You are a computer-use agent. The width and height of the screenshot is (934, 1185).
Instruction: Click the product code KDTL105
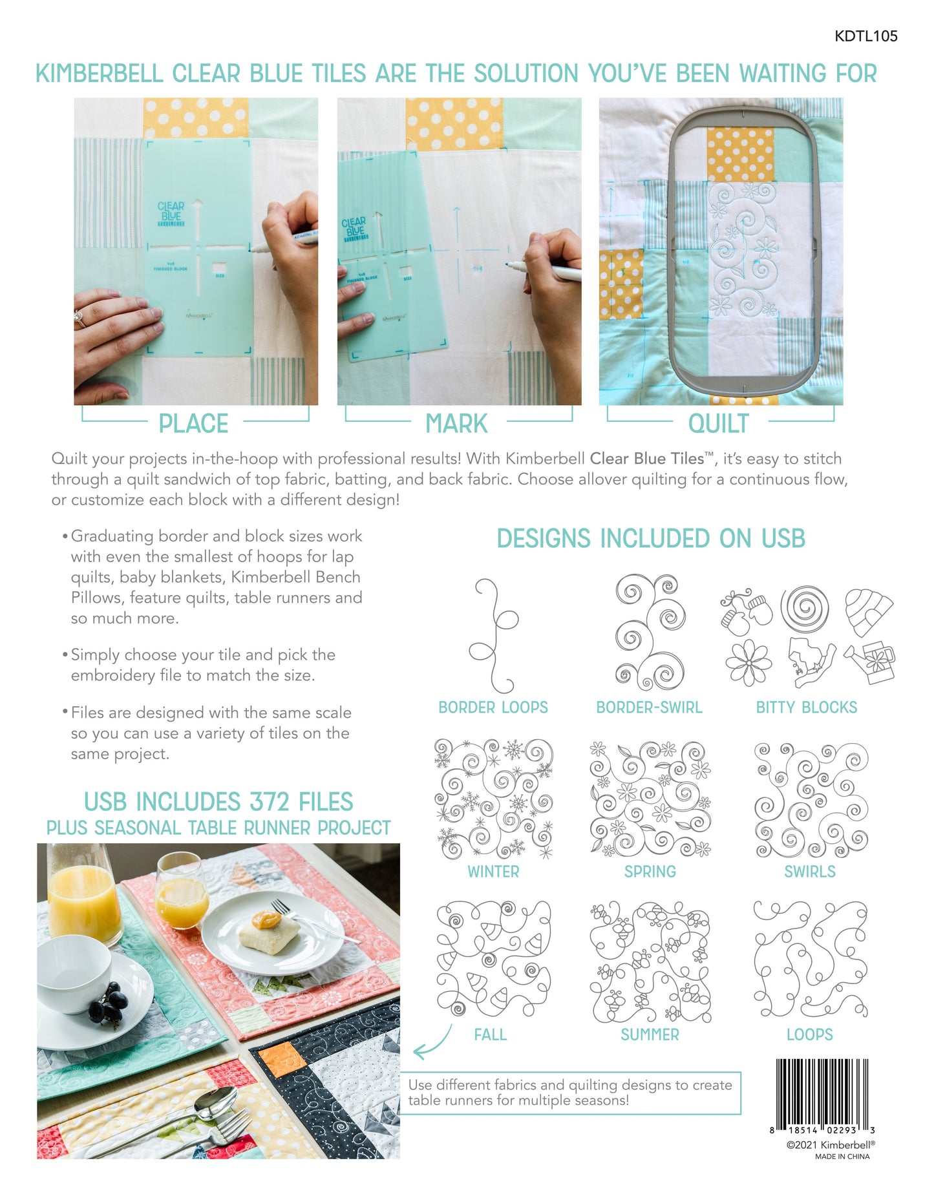pos(865,36)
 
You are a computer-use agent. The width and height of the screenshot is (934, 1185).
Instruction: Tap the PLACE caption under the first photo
pos(193,424)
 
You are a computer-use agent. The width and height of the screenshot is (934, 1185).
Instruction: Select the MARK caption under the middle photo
pos(456,424)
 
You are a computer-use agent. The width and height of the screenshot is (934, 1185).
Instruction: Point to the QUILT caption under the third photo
pos(718,424)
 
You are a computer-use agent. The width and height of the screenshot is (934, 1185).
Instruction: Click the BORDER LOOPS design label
pos(493,708)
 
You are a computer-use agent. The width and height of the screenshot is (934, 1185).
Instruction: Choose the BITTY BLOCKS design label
pos(807,708)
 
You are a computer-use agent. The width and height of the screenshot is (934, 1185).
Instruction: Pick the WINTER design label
pos(493,872)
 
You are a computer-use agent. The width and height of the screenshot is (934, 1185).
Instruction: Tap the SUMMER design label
pos(650,1034)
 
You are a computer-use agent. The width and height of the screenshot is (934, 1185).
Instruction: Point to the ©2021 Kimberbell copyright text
pos(831,1144)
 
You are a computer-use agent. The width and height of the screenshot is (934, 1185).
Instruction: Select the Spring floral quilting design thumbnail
pos(650,799)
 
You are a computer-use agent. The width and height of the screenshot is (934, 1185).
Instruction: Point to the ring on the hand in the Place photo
pos(80,318)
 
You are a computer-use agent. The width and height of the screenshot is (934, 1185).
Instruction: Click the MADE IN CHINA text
pos(842,1157)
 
